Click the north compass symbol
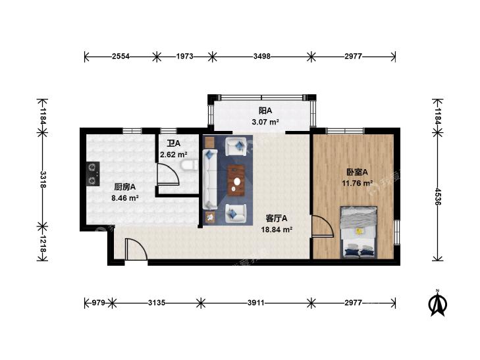pyautogui.click(x=436, y=303)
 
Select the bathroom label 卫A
pyautogui.click(x=173, y=143)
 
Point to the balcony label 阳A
pyautogui.click(x=265, y=111)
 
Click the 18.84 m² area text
pyautogui.click(x=278, y=230)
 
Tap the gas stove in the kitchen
pyautogui.click(x=92, y=172)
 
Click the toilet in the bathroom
pyautogui.click(x=192, y=166)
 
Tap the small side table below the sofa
pyautogui.click(x=210, y=218)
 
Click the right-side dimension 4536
pyautogui.click(x=438, y=193)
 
